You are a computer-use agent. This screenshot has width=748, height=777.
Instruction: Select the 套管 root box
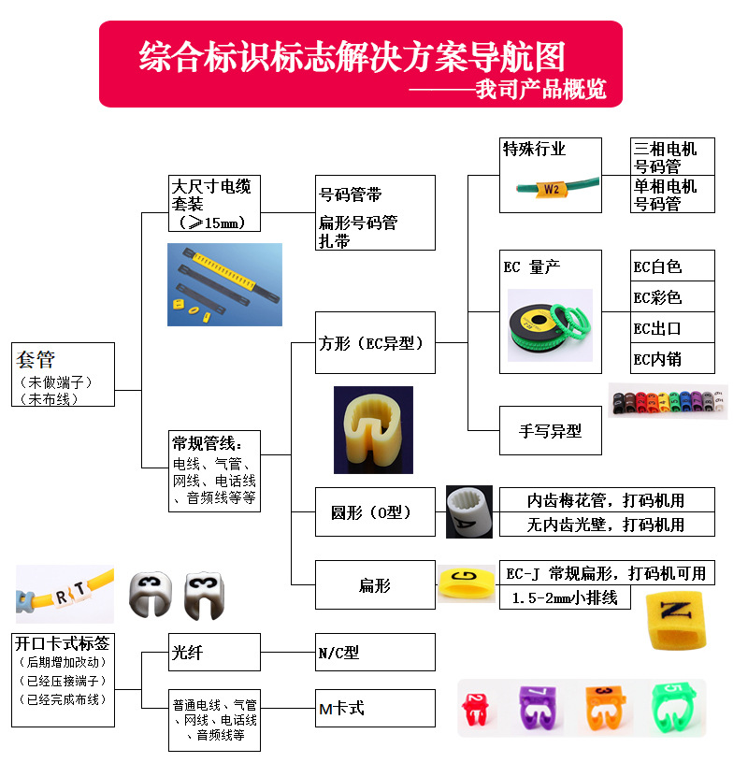pyautogui.click(x=65, y=374)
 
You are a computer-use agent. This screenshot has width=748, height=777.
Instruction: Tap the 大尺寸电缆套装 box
pyautogui.click(x=214, y=203)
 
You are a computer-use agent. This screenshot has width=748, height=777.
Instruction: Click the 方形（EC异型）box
pyautogui.click(x=376, y=343)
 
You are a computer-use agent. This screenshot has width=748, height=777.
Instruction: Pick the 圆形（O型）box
pyautogui.click(x=376, y=511)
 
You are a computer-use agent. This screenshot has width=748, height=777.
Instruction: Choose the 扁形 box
pyautogui.click(x=376, y=585)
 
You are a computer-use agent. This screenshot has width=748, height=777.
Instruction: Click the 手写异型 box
pyautogui.click(x=550, y=431)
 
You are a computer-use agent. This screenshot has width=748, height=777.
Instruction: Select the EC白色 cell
pyautogui.click(x=672, y=266)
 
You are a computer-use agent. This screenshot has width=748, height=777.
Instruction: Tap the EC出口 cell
pyautogui.click(x=672, y=328)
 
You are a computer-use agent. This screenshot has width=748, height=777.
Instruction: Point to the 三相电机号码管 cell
pyautogui.click(x=672, y=157)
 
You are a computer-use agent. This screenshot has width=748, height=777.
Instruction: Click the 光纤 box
pyautogui.click(x=214, y=652)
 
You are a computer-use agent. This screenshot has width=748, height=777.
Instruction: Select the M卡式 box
pyautogui.click(x=376, y=708)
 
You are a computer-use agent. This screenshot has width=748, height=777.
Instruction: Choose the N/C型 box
pyautogui.click(x=376, y=652)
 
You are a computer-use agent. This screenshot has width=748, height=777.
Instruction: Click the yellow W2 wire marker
pyautogui.click(x=552, y=189)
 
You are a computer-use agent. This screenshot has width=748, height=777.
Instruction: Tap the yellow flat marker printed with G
pyautogui.click(x=467, y=584)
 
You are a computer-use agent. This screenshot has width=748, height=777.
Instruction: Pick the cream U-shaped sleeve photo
pyautogui.click(x=373, y=429)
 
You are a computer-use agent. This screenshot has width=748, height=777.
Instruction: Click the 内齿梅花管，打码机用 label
pyautogui.click(x=606, y=499)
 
